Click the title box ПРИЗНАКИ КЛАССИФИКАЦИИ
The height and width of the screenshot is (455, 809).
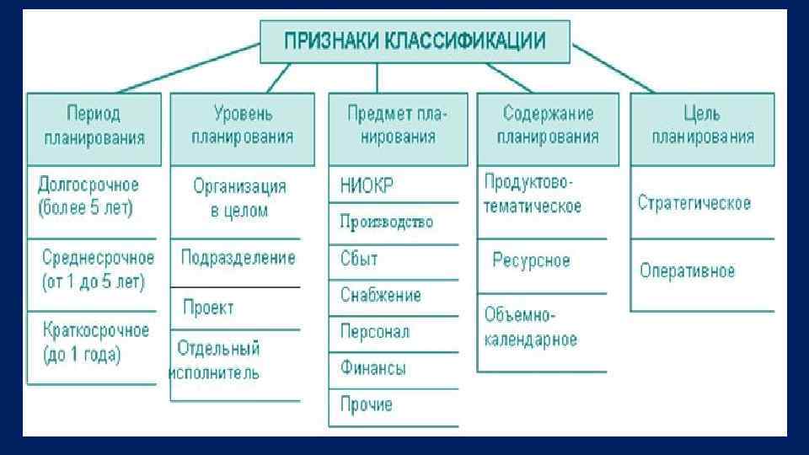pyautogui.click(x=414, y=41)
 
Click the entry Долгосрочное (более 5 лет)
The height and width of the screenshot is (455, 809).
pyautogui.click(x=88, y=195)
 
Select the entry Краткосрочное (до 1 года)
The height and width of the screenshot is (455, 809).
pyautogui.click(x=94, y=341)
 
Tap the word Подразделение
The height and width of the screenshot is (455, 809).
pyautogui.click(x=238, y=257)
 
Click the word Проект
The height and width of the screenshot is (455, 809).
pyautogui.click(x=208, y=308)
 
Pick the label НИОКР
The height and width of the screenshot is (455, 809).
pyautogui.click(x=367, y=185)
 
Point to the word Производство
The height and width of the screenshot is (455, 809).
pyautogui.click(x=387, y=222)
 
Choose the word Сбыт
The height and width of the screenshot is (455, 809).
pyautogui.click(x=360, y=259)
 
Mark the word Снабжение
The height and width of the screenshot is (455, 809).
pyautogui.click(x=381, y=295)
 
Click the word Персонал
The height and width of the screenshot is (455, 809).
pyautogui.click(x=375, y=332)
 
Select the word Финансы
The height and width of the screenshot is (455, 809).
pyautogui.click(x=373, y=368)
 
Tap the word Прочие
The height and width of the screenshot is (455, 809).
pyautogui.click(x=367, y=405)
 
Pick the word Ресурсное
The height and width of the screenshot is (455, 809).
pyautogui.click(x=531, y=260)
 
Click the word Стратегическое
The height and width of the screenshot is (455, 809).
pyautogui.click(x=694, y=203)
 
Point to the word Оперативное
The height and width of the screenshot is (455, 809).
pyautogui.click(x=687, y=271)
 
